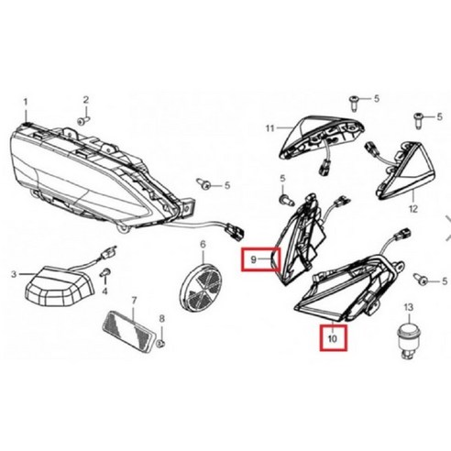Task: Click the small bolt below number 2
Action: click(x=82, y=121)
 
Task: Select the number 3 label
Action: click(x=15, y=274)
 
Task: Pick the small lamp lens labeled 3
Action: click(x=50, y=289)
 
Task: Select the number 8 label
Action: click(x=161, y=318)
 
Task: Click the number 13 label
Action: click(x=408, y=306)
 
